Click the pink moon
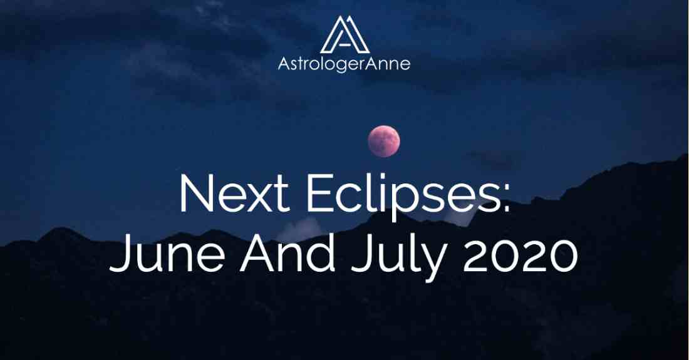(x=383, y=141)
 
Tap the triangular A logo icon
(x=345, y=34)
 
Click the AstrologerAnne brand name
(x=344, y=64)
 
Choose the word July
(x=399, y=255)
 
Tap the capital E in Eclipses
(x=319, y=193)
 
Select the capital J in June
(x=120, y=254)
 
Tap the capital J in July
(x=360, y=254)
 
